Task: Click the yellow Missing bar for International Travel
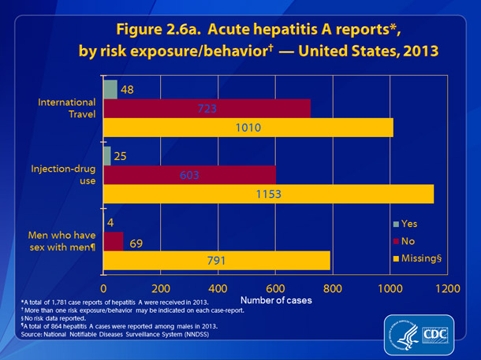click(248, 127)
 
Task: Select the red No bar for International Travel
click(207, 108)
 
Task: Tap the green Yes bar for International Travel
click(110, 89)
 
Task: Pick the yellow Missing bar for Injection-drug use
click(268, 194)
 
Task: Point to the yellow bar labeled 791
click(217, 259)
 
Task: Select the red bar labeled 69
click(113, 240)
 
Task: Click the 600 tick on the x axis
click(275, 288)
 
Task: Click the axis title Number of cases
click(275, 300)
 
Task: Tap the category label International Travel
click(69, 108)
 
